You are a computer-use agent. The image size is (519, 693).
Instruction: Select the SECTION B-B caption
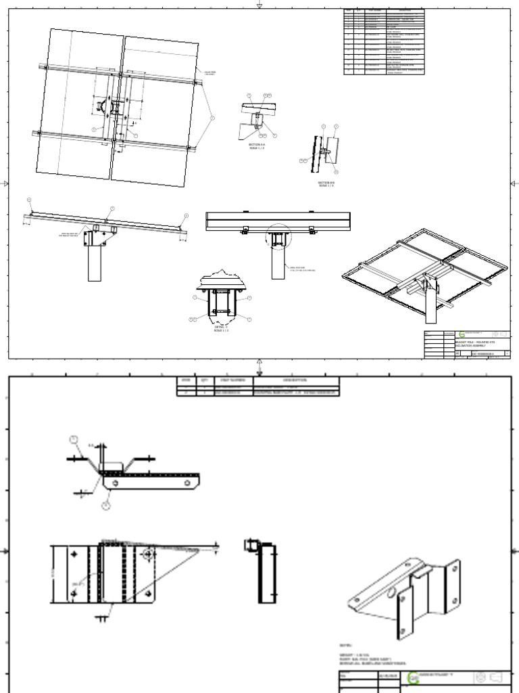pos(327,183)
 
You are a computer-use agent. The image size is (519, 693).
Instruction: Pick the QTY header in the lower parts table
pos(203,380)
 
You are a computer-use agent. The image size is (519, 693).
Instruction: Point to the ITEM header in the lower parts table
pos(185,380)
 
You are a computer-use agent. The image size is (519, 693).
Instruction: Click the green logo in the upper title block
pos(462,334)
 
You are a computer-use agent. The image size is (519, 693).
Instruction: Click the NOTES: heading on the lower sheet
pos(345,646)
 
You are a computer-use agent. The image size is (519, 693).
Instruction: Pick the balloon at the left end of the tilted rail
pos(29,200)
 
